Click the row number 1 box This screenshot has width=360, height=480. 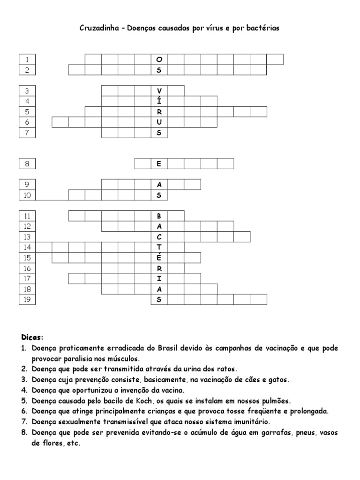point(27,60)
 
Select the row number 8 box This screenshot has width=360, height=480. point(27,164)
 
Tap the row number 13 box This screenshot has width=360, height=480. point(27,236)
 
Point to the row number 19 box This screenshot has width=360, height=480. point(27,300)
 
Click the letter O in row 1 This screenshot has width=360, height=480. point(159,60)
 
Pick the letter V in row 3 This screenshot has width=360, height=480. point(159,90)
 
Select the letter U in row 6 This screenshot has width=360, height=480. point(159,122)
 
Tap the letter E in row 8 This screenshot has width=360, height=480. point(159,164)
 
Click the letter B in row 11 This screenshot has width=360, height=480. point(159,216)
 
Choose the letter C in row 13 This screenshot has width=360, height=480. point(159,236)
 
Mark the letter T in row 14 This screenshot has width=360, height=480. point(159,247)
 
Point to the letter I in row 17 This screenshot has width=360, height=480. point(159,279)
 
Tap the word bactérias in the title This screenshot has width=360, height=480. point(263,28)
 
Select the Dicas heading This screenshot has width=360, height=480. point(32,337)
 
